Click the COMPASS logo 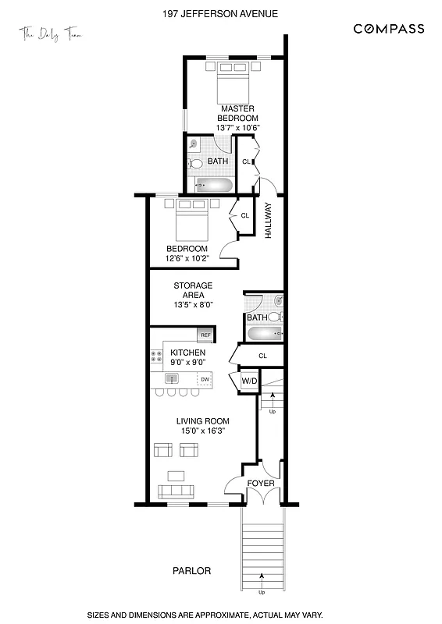389,29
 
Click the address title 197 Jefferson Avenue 220,13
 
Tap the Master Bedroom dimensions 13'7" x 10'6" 237,127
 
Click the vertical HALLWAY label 268,220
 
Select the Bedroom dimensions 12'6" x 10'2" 187,259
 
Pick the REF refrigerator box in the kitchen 205,335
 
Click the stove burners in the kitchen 155,357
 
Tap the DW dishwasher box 205,380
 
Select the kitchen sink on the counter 172,379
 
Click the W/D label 249,381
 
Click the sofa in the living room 176,491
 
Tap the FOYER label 261,483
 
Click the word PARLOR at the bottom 191,571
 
